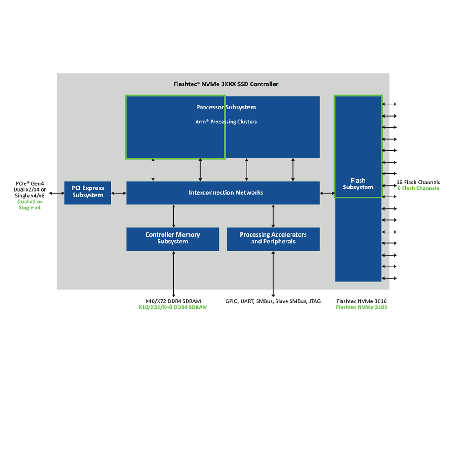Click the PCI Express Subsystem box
pos(88,192)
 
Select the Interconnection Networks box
pos(222,193)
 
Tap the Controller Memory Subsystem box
pos(173,239)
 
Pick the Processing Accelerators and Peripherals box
pos(273,239)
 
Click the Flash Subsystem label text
pos(358,184)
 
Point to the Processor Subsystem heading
pos(226,108)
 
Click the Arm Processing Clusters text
pos(226,122)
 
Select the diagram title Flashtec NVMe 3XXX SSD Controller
pos(226,84)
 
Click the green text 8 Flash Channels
pos(418,188)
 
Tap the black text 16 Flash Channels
pos(418,183)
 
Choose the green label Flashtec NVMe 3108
pos(361,307)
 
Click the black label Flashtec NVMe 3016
pos(361,301)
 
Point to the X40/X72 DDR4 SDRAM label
pos(173,301)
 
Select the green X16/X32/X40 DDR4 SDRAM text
pos(173,307)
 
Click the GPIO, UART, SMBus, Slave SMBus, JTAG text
pos(273,301)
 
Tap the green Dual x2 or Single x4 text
pos(30,205)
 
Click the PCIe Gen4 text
pos(30,184)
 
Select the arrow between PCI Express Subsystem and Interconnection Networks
pos(118,193)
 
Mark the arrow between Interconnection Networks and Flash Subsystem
pos(327,193)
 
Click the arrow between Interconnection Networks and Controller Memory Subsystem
pos(173,216)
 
